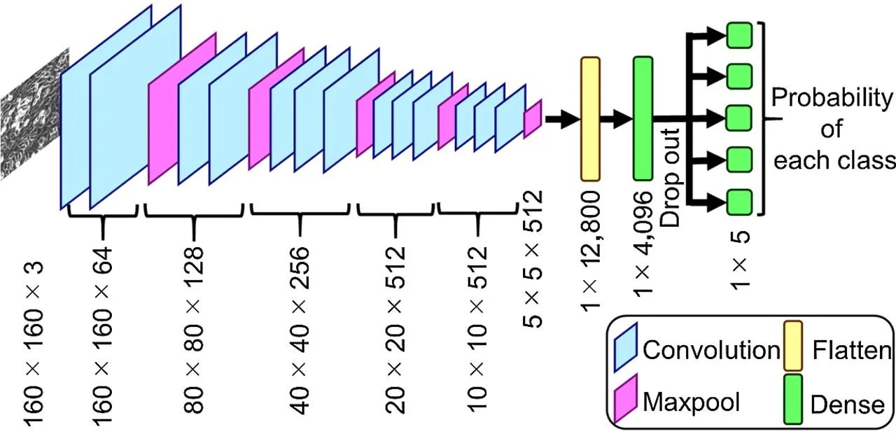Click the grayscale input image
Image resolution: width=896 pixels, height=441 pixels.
coord(31,115)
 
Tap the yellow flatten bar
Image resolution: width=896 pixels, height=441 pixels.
coord(591,118)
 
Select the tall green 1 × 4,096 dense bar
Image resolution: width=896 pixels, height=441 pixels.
coord(643,118)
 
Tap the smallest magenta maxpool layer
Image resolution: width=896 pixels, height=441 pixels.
coord(533,115)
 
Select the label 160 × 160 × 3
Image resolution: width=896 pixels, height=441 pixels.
coord(35,343)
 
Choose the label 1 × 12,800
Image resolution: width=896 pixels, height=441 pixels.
coord(591,252)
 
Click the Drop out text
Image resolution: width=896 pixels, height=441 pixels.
coord(672,189)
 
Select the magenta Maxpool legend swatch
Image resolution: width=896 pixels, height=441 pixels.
coord(625,401)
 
